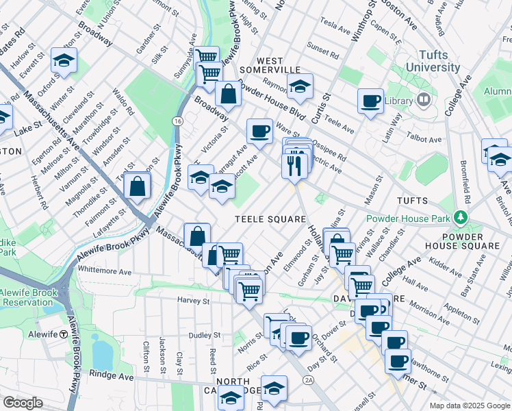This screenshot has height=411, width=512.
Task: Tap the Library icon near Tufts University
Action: click(424, 101)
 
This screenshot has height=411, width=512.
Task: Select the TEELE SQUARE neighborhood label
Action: click(270, 219)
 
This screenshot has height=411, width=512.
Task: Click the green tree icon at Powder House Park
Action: click(462, 219)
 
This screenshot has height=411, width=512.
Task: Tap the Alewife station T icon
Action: click(63, 334)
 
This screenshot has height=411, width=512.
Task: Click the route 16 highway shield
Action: click(177, 121)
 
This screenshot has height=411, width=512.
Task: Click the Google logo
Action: click(22, 403)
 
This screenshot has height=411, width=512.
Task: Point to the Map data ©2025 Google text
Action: click(470, 406)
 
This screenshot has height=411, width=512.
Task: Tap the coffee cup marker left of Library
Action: click(370, 101)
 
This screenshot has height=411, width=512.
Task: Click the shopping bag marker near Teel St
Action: click(138, 186)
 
